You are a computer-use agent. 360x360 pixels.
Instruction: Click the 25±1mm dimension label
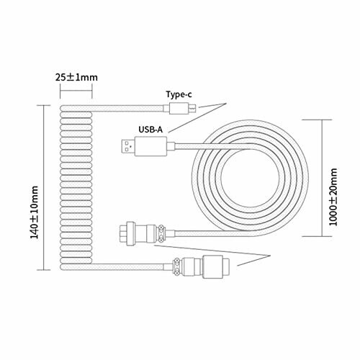(76, 77)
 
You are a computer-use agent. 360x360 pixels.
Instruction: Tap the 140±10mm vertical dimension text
(35, 212)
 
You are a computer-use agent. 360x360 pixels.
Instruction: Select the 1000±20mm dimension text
(333, 197)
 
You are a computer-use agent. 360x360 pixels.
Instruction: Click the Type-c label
(179, 94)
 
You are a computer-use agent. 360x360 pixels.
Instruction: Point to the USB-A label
(150, 130)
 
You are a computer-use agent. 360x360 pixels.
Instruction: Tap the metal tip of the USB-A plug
(127, 146)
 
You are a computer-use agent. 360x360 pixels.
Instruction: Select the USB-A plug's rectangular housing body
(150, 146)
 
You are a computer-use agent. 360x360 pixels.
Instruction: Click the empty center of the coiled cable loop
(250, 179)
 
